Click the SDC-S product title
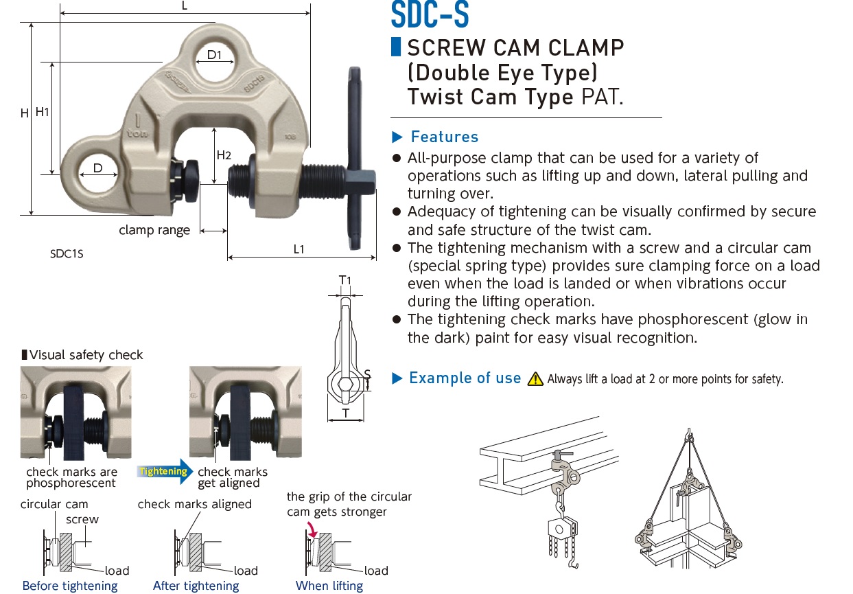pyautogui.click(x=430, y=15)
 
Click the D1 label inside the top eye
pyautogui.click(x=215, y=55)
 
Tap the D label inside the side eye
pyautogui.click(x=98, y=168)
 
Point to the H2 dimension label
pyautogui.click(x=224, y=155)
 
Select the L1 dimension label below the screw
pyautogui.click(x=299, y=249)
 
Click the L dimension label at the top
pyautogui.click(x=185, y=5)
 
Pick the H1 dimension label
pyautogui.click(x=43, y=111)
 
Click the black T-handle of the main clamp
pyautogui.click(x=355, y=158)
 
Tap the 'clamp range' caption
pyautogui.click(x=154, y=231)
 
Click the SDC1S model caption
pyautogui.click(x=67, y=253)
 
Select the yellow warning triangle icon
pyautogui.click(x=535, y=379)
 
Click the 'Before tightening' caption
pyautogui.click(x=70, y=586)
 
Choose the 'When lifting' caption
pyautogui.click(x=329, y=586)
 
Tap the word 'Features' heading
pyautogui.click(x=444, y=137)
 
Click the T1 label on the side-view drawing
pyautogui.click(x=344, y=280)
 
